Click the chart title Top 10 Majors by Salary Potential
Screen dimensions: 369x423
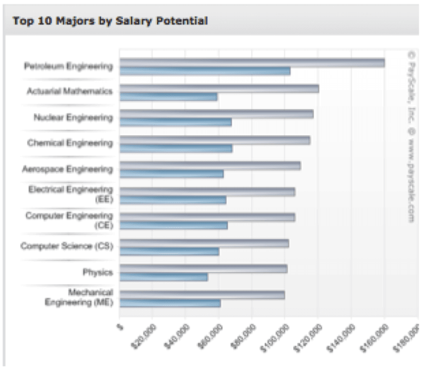(x=110, y=21)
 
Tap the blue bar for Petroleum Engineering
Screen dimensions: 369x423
(x=205, y=71)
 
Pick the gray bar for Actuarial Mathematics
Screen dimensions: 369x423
(x=219, y=89)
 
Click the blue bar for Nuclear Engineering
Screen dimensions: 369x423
(x=175, y=123)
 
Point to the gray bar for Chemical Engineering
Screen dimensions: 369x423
(x=215, y=140)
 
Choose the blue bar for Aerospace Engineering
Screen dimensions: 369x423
(x=171, y=174)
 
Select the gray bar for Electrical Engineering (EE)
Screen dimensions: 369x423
(x=207, y=191)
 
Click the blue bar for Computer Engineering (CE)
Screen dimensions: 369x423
(x=173, y=225)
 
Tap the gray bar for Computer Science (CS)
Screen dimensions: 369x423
(x=204, y=243)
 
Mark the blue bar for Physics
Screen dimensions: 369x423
(x=164, y=277)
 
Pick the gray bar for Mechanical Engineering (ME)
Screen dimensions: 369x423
(x=202, y=295)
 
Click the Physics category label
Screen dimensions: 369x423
(x=98, y=272)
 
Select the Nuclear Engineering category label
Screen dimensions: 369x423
(x=73, y=118)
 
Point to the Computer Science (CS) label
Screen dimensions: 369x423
(x=66, y=246)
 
